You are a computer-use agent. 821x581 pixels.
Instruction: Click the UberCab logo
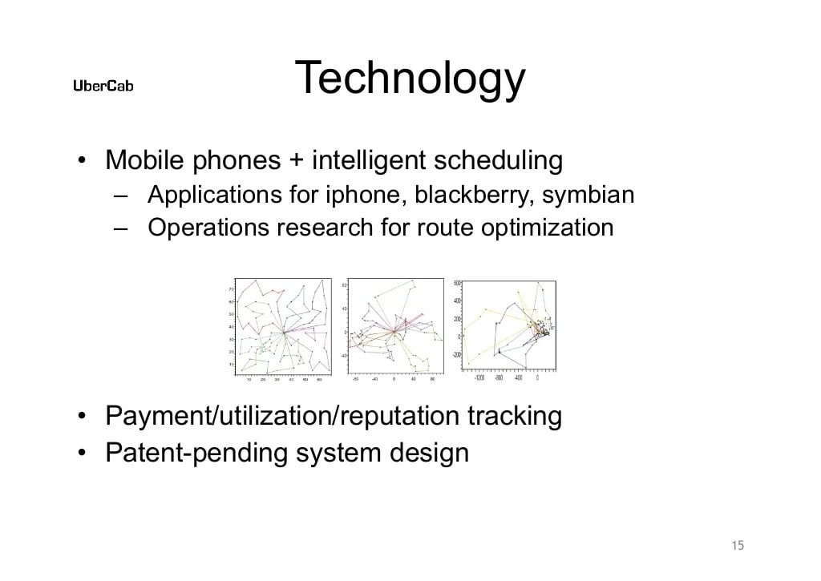click(x=103, y=87)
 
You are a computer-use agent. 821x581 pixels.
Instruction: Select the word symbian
click(x=588, y=195)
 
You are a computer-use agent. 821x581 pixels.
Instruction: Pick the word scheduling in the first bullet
click(x=497, y=161)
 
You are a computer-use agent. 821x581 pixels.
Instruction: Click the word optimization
click(x=547, y=228)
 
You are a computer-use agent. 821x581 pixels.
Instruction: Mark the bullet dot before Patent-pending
click(x=83, y=454)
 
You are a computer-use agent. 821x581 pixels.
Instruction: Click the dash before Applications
click(x=121, y=196)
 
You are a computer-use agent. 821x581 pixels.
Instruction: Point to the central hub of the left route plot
click(x=284, y=332)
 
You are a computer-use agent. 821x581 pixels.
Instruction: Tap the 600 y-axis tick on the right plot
click(x=457, y=283)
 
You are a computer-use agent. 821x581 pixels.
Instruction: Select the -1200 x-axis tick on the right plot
click(x=479, y=377)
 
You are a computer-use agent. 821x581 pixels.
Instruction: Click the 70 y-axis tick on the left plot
click(x=232, y=288)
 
